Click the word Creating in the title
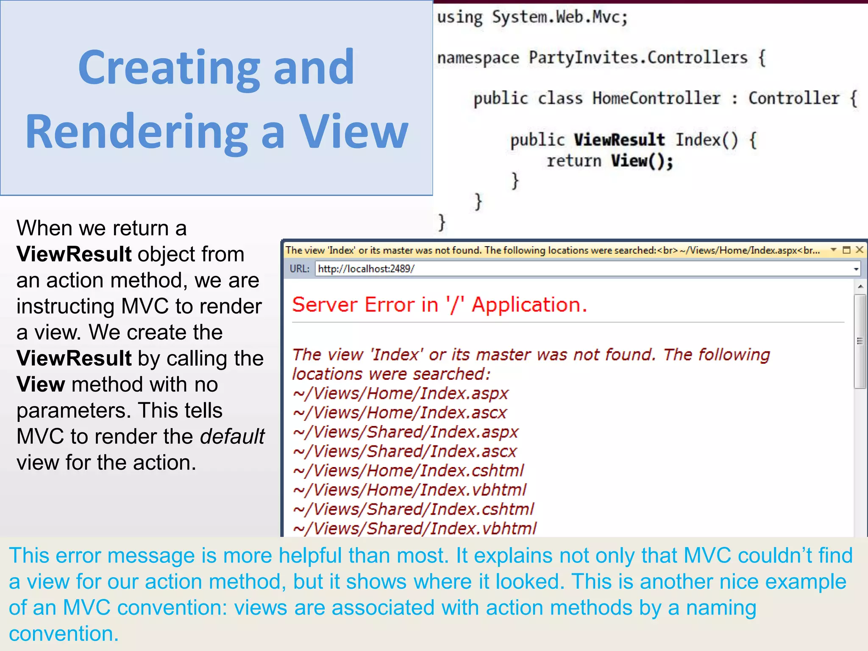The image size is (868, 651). (x=169, y=68)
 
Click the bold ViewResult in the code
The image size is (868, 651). (x=619, y=140)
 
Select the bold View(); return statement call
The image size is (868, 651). (x=642, y=161)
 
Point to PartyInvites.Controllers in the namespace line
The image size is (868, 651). (x=638, y=58)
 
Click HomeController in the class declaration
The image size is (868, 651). (x=656, y=98)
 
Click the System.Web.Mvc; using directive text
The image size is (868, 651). (x=559, y=17)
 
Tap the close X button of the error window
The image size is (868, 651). (x=860, y=250)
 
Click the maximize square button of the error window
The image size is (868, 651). (x=847, y=250)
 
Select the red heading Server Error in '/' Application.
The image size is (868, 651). (x=440, y=305)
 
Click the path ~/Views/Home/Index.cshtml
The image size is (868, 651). (x=409, y=470)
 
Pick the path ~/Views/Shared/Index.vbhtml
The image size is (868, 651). (x=415, y=529)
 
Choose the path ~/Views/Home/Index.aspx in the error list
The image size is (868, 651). (x=401, y=393)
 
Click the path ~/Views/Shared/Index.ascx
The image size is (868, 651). (x=405, y=451)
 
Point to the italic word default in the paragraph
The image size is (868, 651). (x=232, y=437)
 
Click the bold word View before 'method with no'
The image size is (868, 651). (x=41, y=384)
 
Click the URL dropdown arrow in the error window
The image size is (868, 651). (x=856, y=269)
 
